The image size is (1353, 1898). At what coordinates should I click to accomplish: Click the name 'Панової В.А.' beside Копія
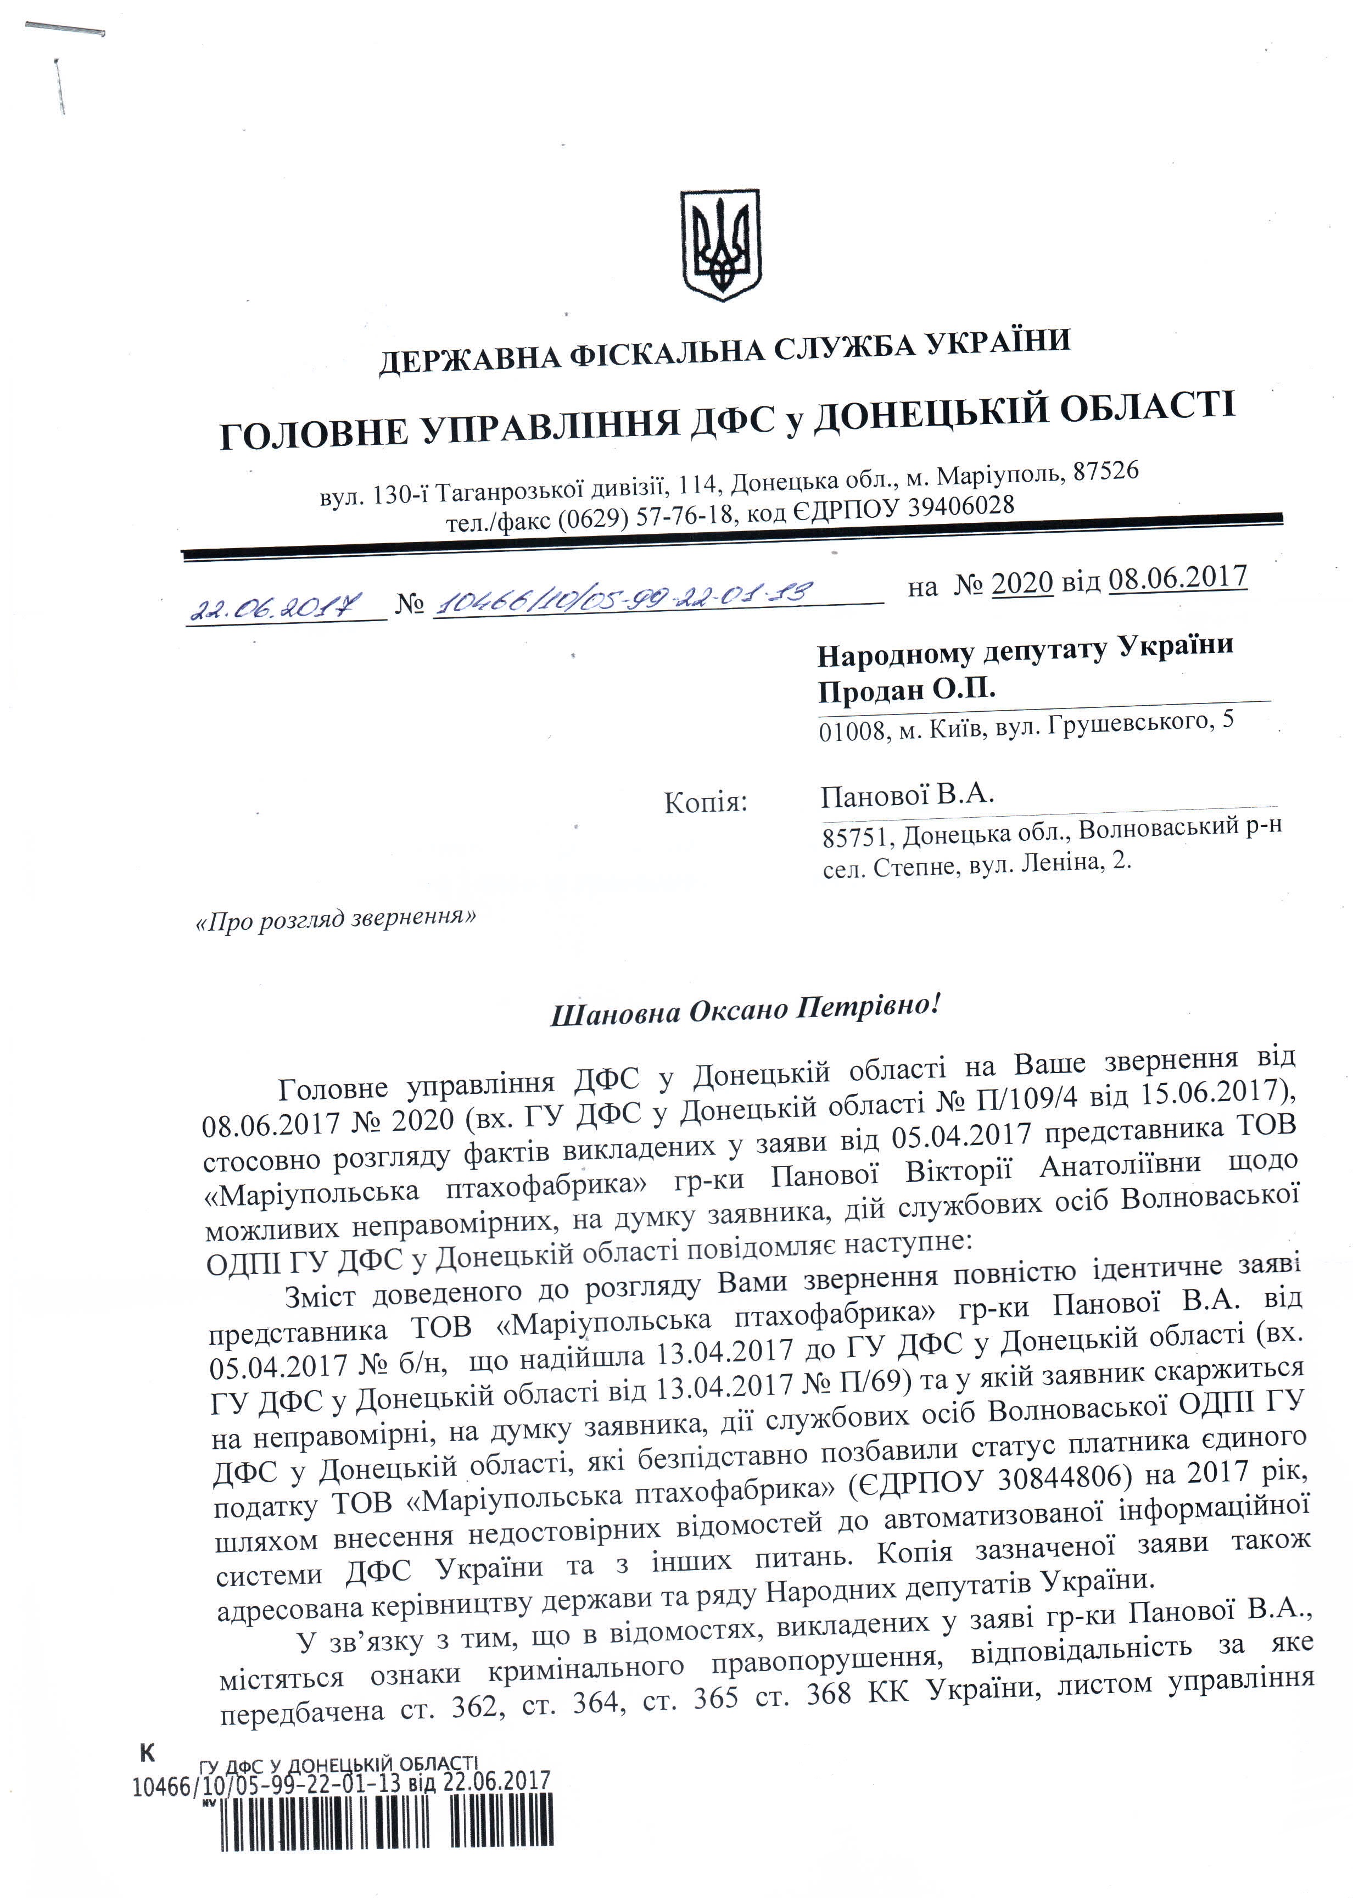tap(907, 795)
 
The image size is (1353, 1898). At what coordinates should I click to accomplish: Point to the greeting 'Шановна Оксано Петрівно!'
tap(746, 1010)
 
